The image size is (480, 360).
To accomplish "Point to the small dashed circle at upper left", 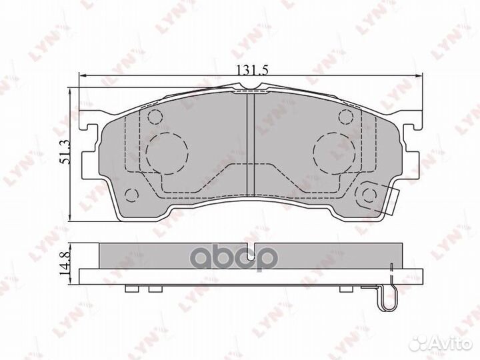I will coord(155,118).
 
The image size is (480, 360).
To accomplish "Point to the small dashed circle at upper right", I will coord(345,118).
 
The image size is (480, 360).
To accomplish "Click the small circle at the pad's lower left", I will coord(132,195).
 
